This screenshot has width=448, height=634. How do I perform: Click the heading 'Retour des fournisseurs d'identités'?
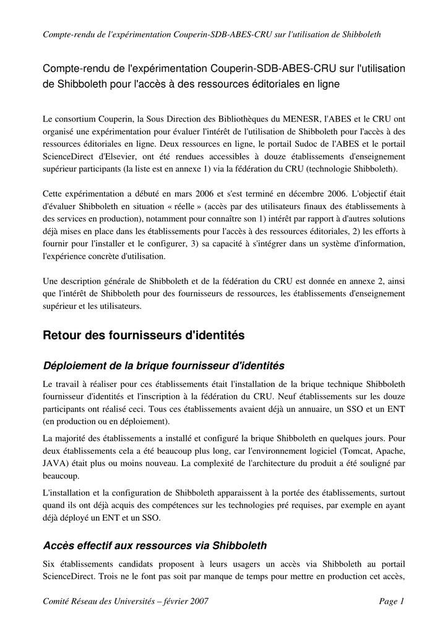[x=144, y=336]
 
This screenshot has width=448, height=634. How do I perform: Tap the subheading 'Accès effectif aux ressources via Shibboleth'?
[x=155, y=545]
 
